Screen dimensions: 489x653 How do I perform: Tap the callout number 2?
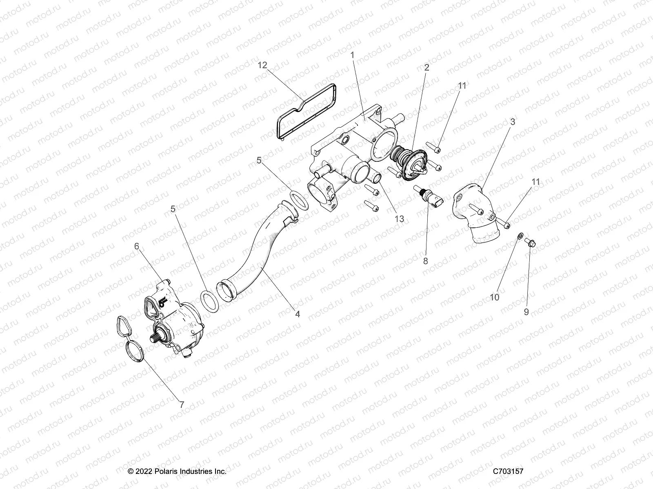[x=426, y=68]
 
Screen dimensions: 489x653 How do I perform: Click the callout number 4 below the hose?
[x=298, y=314]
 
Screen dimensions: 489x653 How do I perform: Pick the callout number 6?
[x=137, y=246]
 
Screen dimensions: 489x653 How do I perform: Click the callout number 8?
[x=426, y=261]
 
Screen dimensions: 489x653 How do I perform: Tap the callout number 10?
[x=494, y=297]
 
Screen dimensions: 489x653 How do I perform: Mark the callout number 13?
[x=399, y=219]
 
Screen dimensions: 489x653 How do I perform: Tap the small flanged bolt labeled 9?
[x=531, y=243]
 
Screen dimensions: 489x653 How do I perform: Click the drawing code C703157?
[x=508, y=471]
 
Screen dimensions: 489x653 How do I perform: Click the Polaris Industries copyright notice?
[x=177, y=471]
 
